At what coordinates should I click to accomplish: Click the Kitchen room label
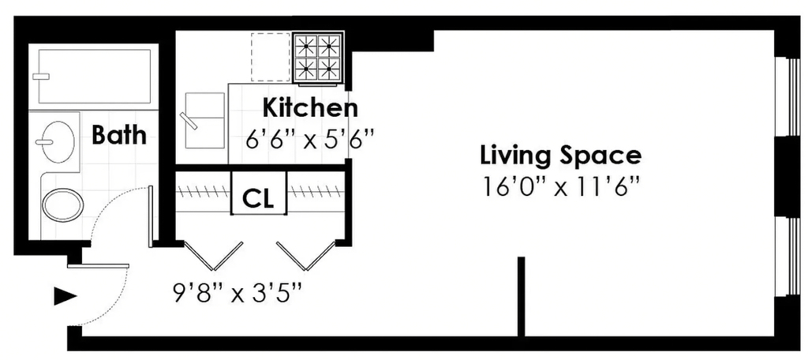[309, 108]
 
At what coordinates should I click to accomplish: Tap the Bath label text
[118, 135]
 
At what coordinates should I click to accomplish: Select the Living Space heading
[561, 156]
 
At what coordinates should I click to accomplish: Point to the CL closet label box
[259, 193]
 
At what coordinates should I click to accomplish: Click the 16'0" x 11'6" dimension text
[561, 186]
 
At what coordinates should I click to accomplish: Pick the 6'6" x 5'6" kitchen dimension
[309, 139]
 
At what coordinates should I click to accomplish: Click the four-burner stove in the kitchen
[318, 58]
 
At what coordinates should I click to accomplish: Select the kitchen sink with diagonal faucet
[204, 121]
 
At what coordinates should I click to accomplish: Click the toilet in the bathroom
[62, 204]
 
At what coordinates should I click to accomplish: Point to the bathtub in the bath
[95, 77]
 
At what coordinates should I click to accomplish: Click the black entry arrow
[65, 297]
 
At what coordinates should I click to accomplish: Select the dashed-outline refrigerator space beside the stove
[271, 57]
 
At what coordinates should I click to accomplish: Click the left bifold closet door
[213, 256]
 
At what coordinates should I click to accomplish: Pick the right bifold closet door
[306, 256]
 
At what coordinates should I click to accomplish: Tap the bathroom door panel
[151, 216]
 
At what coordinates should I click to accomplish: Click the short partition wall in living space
[521, 297]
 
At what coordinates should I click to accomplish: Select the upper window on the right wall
[788, 96]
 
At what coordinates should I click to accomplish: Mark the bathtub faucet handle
[41, 77]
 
